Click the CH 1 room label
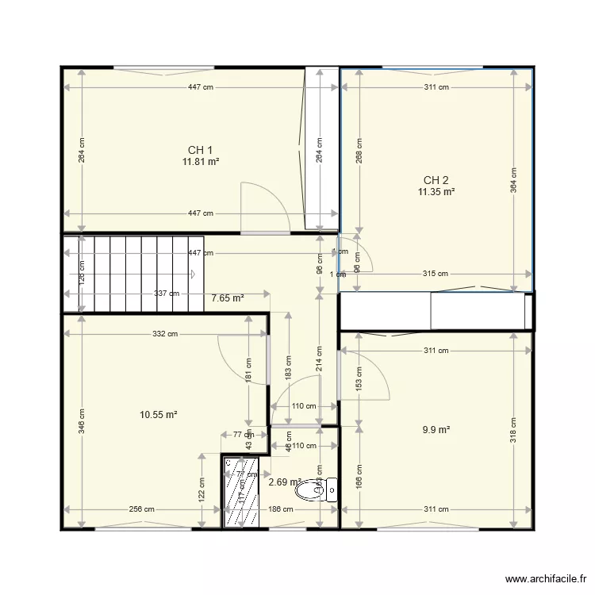click(x=200, y=150)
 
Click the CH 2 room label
click(x=436, y=179)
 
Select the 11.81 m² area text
click(x=200, y=161)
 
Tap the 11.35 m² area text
click(x=437, y=191)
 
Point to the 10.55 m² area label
click(x=158, y=414)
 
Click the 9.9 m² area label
click(x=436, y=429)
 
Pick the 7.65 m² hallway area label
click(x=228, y=298)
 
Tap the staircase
click(x=135, y=273)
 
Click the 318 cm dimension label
click(x=514, y=430)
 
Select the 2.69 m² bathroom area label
click(x=284, y=482)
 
